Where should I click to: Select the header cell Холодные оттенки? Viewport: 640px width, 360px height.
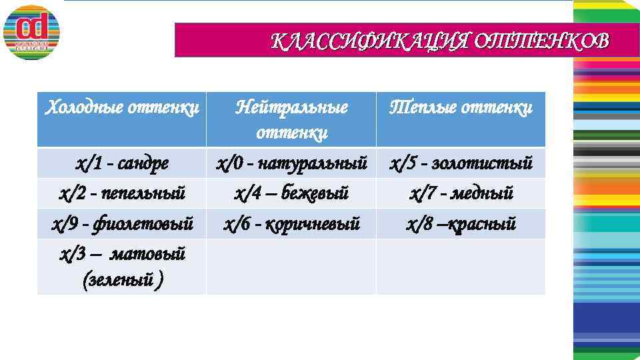tap(121, 107)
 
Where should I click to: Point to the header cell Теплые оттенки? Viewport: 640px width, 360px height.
tap(461, 107)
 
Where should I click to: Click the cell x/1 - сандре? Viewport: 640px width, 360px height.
tap(121, 163)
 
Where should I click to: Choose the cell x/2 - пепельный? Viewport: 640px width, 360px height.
tap(121, 193)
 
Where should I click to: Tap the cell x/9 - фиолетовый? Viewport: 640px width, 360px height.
tap(121, 223)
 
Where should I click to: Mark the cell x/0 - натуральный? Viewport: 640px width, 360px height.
tap(292, 163)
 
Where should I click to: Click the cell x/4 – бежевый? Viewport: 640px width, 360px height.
tap(292, 193)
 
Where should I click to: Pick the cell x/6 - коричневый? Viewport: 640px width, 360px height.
tap(292, 223)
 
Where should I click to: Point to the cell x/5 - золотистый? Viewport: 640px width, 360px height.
tap(461, 163)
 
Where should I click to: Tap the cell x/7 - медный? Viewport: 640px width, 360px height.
tap(461, 193)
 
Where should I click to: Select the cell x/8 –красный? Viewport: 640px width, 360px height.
tap(461, 223)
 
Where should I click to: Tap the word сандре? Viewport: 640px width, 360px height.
tap(141, 163)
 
